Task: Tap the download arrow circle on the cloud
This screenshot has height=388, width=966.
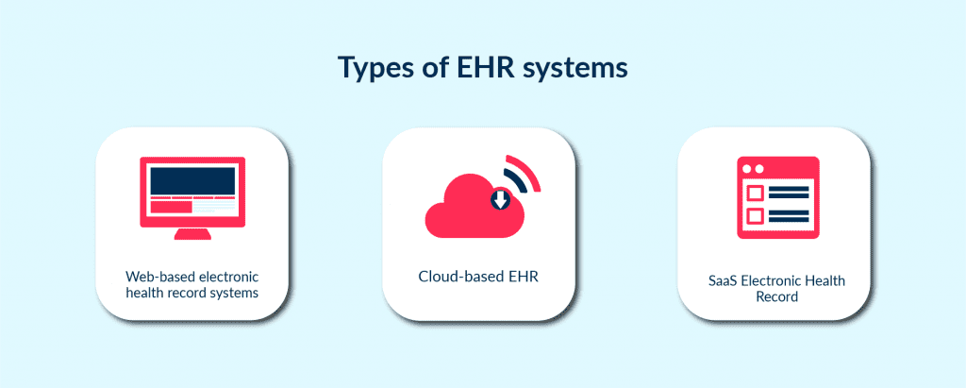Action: tap(500, 199)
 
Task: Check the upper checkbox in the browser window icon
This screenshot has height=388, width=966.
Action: tap(755, 193)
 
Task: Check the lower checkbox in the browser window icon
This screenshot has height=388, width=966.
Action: tap(755, 216)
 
